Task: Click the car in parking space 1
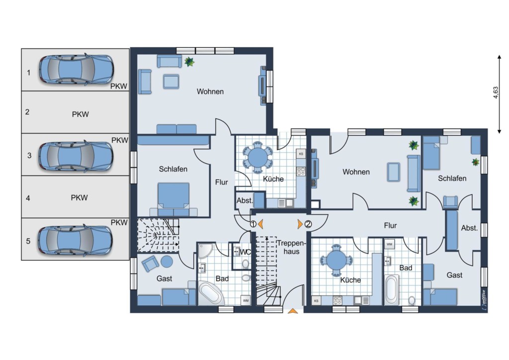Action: pyautogui.click(x=77, y=70)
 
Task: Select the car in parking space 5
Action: pyautogui.click(x=76, y=240)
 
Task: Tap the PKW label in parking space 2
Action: pyautogui.click(x=80, y=114)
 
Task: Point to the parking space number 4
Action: pyautogui.click(x=28, y=198)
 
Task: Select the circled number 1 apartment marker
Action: pyautogui.click(x=253, y=224)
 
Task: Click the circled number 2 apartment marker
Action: pyautogui.click(x=308, y=224)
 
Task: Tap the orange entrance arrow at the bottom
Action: pyautogui.click(x=293, y=311)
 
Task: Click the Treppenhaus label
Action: pyautogui.click(x=291, y=247)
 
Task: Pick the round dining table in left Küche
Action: pyautogui.click(x=258, y=158)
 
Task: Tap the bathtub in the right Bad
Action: pyautogui.click(x=392, y=289)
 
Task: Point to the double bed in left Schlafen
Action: pyautogui.click(x=173, y=199)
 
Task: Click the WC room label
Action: pyautogui.click(x=245, y=252)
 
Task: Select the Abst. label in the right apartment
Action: pyautogui.click(x=469, y=228)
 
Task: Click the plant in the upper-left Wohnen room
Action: pyautogui.click(x=189, y=61)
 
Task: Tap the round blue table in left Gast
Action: pyautogui.click(x=167, y=262)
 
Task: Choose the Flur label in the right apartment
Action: pyautogui.click(x=390, y=225)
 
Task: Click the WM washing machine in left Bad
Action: pyautogui.click(x=246, y=301)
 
